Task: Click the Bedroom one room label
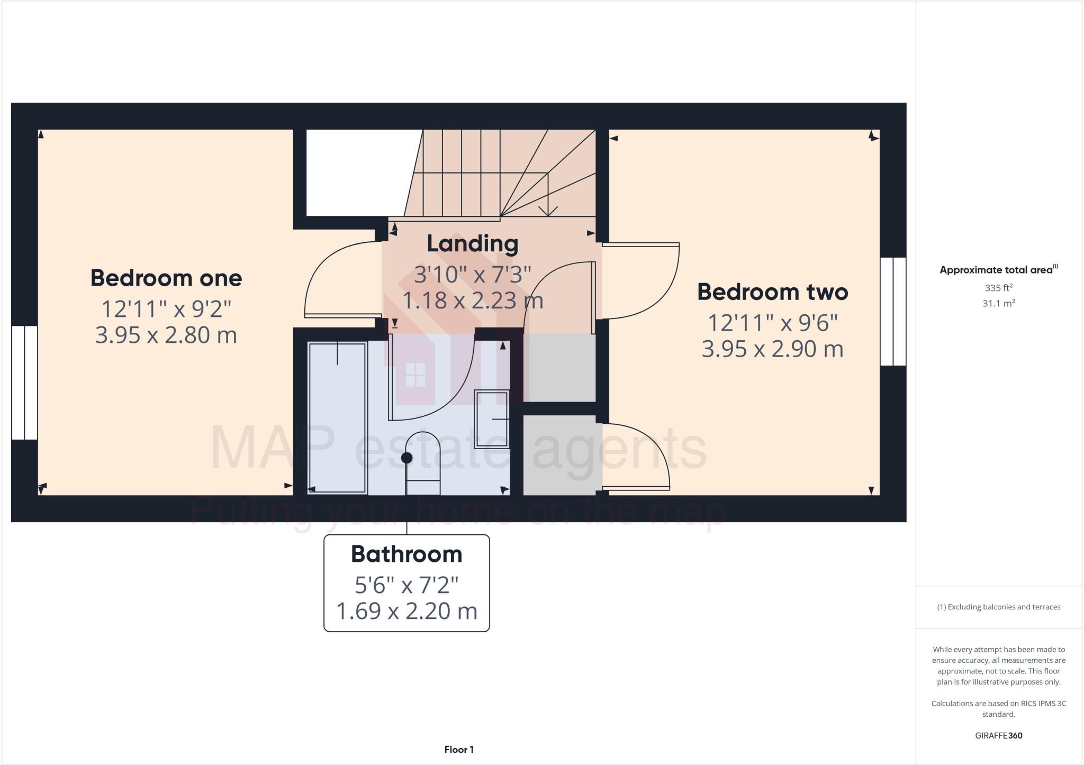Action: tap(166, 278)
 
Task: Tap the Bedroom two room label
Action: tap(772, 292)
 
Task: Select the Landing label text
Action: tap(472, 244)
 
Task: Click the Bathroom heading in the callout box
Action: tap(406, 554)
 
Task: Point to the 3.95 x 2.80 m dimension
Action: tap(166, 335)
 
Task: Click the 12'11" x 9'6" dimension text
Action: tap(772, 322)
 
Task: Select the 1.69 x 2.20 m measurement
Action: tap(406, 612)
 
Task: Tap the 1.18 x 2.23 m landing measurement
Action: tap(472, 301)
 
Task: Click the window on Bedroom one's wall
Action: tap(24, 382)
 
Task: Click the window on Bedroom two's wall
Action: tap(893, 311)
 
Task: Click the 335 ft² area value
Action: tap(998, 288)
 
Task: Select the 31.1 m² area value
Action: tap(998, 304)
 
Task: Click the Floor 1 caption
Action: tap(458, 750)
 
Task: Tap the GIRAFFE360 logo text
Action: tap(998, 736)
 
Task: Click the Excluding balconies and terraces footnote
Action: tap(998, 607)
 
